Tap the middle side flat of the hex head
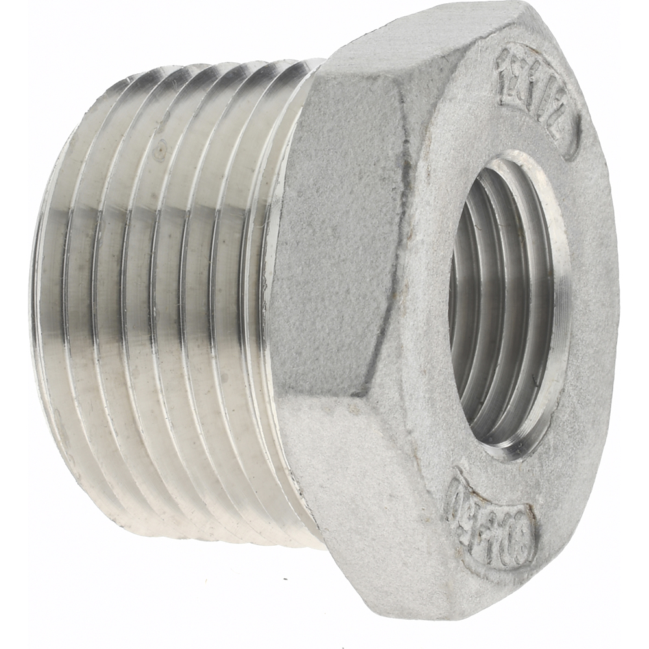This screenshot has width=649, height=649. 337,247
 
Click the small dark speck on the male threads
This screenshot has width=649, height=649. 160,154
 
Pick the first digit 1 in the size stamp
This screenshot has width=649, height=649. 505,66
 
